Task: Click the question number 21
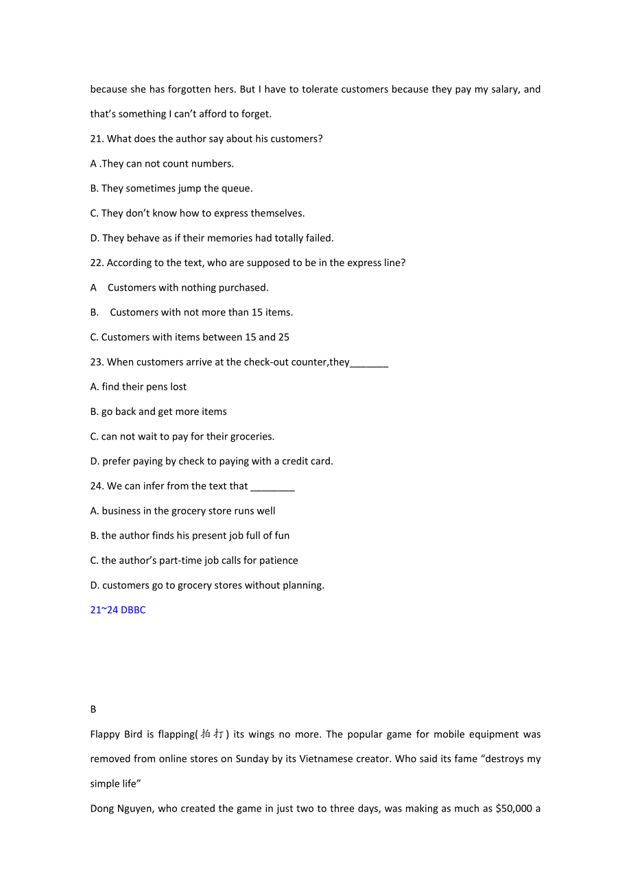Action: pos(97,139)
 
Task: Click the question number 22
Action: pos(97,263)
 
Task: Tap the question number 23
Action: pos(97,362)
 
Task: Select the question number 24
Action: pos(97,486)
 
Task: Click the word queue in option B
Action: pos(235,189)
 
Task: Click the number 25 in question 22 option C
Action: pos(283,337)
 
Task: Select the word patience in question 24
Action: pos(278,560)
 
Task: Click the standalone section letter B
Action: pos(93,709)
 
